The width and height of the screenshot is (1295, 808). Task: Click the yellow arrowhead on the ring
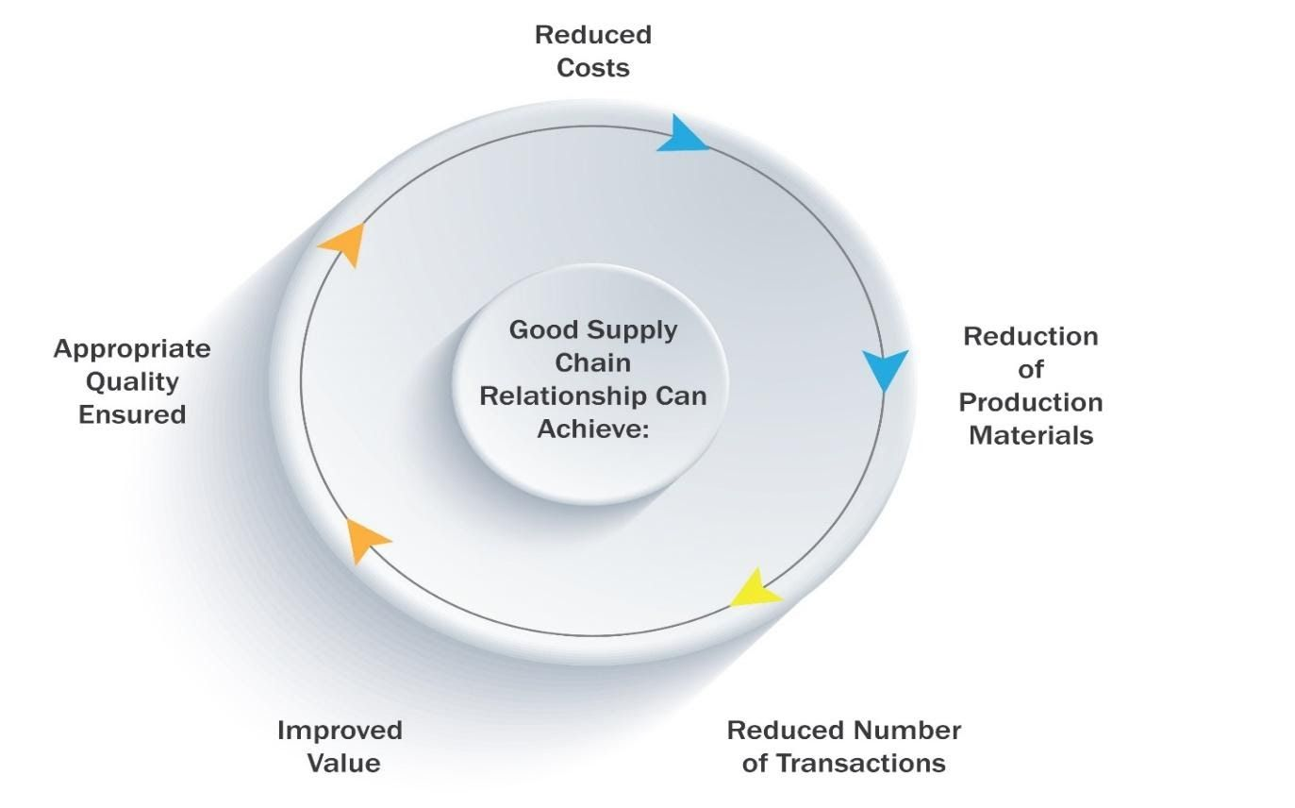click(755, 590)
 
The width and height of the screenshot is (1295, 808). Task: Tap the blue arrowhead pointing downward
click(885, 368)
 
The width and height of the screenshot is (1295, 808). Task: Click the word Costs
click(592, 68)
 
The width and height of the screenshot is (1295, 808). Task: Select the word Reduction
click(1030, 337)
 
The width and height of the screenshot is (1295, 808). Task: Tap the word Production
click(1030, 403)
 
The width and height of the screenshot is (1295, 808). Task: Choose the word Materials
click(1031, 435)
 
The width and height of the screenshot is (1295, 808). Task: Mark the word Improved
click(340, 731)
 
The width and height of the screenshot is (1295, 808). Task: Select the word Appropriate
click(132, 349)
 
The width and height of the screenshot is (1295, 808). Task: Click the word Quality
click(132, 381)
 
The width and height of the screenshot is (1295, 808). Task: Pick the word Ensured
click(132, 414)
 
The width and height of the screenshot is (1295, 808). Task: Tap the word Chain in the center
click(592, 362)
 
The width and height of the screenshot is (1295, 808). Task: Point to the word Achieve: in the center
click(592, 428)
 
